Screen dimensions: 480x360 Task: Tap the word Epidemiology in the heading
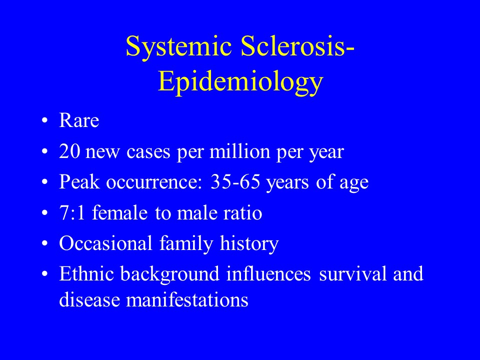(240, 82)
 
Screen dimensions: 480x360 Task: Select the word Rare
(79, 120)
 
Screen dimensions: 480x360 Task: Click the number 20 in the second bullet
(69, 151)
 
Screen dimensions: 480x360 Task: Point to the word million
(239, 151)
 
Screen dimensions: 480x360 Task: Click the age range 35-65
(235, 182)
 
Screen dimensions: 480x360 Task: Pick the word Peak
(79, 181)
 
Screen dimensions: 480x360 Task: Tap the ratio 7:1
(72, 213)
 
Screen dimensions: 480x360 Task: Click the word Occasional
(105, 243)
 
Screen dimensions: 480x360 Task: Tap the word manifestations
(187, 299)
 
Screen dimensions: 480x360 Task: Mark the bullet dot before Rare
(44, 120)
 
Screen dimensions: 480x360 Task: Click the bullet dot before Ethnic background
(44, 273)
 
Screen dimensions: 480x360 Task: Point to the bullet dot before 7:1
(44, 213)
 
